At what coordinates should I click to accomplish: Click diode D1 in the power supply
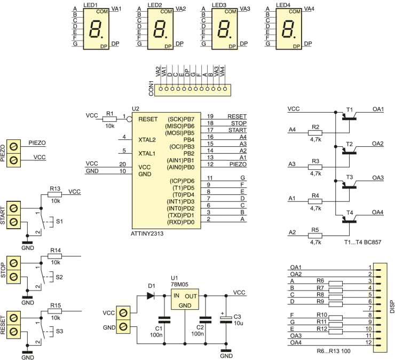[x=151, y=294]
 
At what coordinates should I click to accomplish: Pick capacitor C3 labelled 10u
[x=226, y=319]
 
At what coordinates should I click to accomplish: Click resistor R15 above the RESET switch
[x=56, y=311]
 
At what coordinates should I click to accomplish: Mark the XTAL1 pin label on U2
[x=147, y=153]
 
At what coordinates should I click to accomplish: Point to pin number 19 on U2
[x=211, y=116]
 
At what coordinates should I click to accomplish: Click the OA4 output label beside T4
[x=378, y=212]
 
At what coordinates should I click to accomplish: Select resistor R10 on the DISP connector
[x=336, y=317]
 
